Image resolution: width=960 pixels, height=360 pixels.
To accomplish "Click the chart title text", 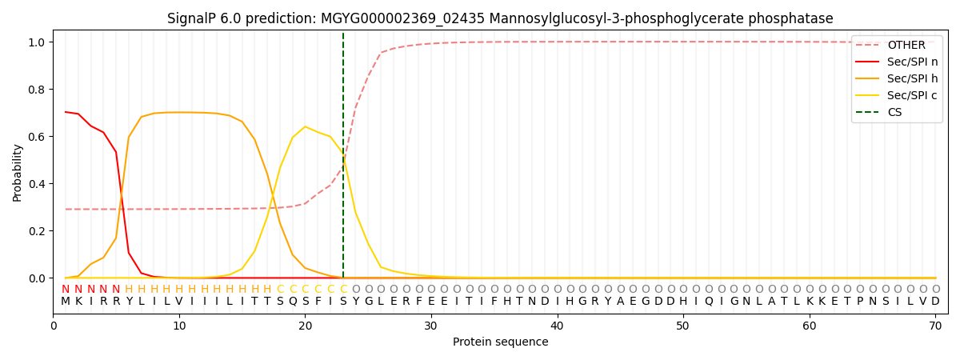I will (500, 18).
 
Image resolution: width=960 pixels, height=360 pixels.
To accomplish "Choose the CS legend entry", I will (894, 112).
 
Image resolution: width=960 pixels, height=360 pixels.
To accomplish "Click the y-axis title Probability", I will (18, 172).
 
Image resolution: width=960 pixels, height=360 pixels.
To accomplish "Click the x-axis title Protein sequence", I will (500, 342).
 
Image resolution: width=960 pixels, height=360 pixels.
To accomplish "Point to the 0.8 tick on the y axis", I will (38, 89).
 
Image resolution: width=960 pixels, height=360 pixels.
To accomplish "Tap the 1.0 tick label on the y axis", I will (38, 42).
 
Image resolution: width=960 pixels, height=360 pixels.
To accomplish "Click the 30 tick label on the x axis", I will (431, 326).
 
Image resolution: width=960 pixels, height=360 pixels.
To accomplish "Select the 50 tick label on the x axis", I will (683, 326).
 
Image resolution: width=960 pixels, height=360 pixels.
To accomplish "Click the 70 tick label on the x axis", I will (935, 326).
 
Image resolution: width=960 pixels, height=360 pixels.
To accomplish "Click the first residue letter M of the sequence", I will (66, 302).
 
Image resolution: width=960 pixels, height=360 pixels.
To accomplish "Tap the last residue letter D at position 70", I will (935, 302).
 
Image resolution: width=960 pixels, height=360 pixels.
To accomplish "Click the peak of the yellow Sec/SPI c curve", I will (305, 126).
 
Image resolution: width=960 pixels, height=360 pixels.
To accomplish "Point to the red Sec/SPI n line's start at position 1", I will (66, 112).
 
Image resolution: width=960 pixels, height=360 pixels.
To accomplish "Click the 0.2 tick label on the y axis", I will (38, 231).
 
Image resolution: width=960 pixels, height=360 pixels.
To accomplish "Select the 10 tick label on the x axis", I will (179, 326).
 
